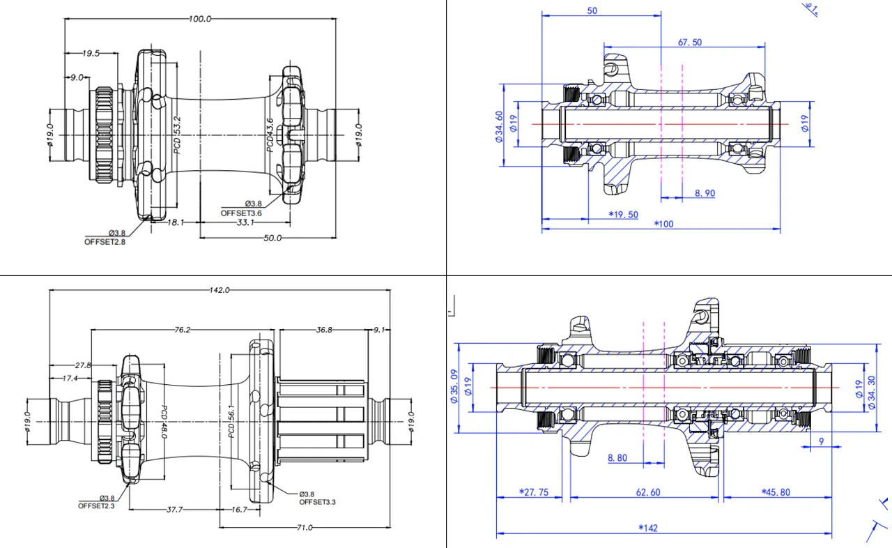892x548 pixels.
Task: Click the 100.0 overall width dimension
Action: [200, 19]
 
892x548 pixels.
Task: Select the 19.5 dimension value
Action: [91, 53]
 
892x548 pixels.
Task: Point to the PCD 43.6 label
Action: [270, 135]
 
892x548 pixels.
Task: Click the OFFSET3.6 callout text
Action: [241, 213]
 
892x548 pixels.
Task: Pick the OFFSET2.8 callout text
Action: [105, 241]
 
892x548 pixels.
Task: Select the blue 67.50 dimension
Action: [690, 43]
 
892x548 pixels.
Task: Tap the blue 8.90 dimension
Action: [705, 193]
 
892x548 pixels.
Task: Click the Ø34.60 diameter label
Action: [499, 126]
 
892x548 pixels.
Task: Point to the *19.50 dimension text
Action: [623, 215]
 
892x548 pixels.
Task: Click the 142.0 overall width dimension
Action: [219, 289]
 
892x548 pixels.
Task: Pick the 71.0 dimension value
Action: [304, 528]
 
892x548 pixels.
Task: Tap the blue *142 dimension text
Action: [647, 528]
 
